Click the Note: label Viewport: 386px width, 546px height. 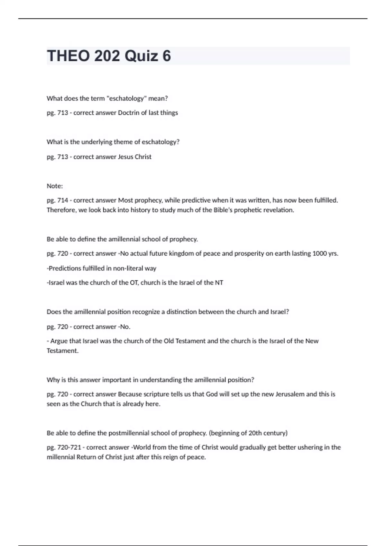click(55, 186)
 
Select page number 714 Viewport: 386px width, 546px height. click(63, 200)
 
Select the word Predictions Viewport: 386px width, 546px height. click(64, 268)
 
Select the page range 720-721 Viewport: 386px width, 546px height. click(69, 447)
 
